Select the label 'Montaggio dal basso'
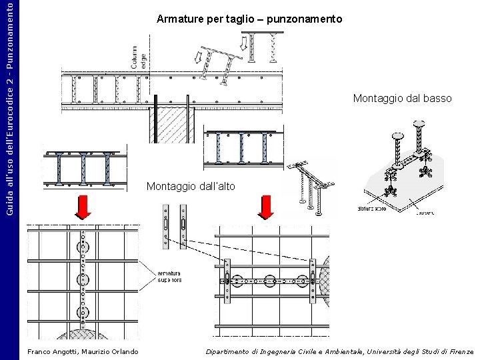(402, 99)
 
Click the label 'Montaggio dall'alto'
(191, 186)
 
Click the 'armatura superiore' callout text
(170, 277)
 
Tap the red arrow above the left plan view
(83, 207)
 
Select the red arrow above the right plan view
(265, 207)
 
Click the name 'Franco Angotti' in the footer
(53, 351)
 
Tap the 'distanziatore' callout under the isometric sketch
(371, 209)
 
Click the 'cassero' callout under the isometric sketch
(425, 213)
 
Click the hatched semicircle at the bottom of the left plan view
(82, 334)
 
